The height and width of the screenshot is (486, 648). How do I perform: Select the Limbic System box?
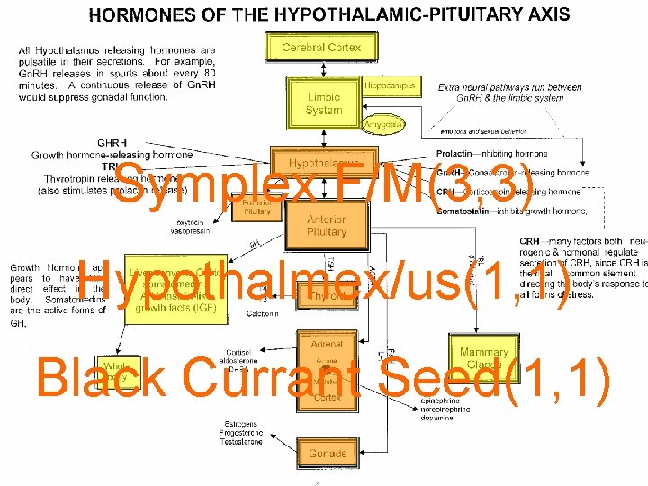324,103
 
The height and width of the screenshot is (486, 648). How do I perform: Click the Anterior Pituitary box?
326,226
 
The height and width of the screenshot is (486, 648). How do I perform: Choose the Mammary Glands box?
483,358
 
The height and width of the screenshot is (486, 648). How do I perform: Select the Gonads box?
327,454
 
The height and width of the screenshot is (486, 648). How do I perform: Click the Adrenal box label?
327,344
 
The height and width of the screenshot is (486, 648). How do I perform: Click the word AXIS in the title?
548,13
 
